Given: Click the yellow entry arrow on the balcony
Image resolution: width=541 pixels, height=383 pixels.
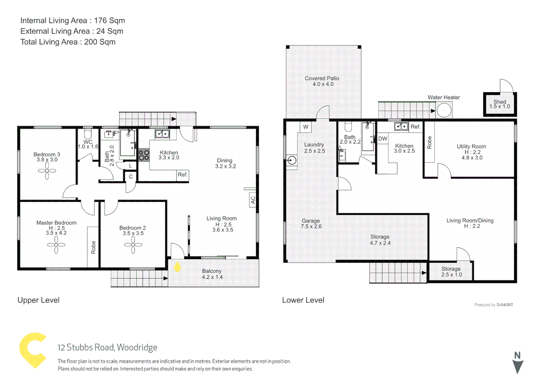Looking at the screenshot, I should click(177, 267).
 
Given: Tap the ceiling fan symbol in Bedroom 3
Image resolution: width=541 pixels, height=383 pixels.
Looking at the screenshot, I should click(47, 171).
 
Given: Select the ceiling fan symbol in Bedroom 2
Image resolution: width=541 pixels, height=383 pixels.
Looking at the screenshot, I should click(133, 245).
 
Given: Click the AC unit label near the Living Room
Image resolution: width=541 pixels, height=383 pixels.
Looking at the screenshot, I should click(253, 200).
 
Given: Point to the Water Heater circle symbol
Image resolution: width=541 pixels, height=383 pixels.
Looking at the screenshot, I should click(444, 110).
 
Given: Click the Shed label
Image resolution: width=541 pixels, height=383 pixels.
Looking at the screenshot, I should click(500, 102).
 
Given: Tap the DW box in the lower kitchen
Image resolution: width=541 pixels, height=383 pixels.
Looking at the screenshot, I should click(382, 139).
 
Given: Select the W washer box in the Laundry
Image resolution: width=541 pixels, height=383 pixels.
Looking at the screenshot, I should click(306, 127).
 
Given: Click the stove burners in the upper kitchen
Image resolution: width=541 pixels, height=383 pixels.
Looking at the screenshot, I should click(144, 155).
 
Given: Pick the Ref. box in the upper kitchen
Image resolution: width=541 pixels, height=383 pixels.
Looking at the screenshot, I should click(183, 175).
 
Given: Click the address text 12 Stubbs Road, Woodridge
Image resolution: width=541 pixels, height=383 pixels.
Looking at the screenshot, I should click(107, 347).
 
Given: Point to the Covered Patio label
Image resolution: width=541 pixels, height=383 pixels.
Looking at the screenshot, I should click(322, 78).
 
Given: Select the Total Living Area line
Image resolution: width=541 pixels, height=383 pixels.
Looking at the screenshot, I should click(68, 42).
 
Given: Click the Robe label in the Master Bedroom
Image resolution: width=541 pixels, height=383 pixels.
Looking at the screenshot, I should click(93, 247).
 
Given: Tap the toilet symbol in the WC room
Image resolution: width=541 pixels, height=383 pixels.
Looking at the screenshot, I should click(87, 134).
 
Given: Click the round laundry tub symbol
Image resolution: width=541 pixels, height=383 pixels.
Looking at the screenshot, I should click(292, 161).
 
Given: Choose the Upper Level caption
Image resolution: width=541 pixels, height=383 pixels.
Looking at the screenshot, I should click(39, 300).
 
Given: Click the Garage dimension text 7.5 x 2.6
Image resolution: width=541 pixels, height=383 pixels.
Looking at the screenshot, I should click(311, 226).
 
